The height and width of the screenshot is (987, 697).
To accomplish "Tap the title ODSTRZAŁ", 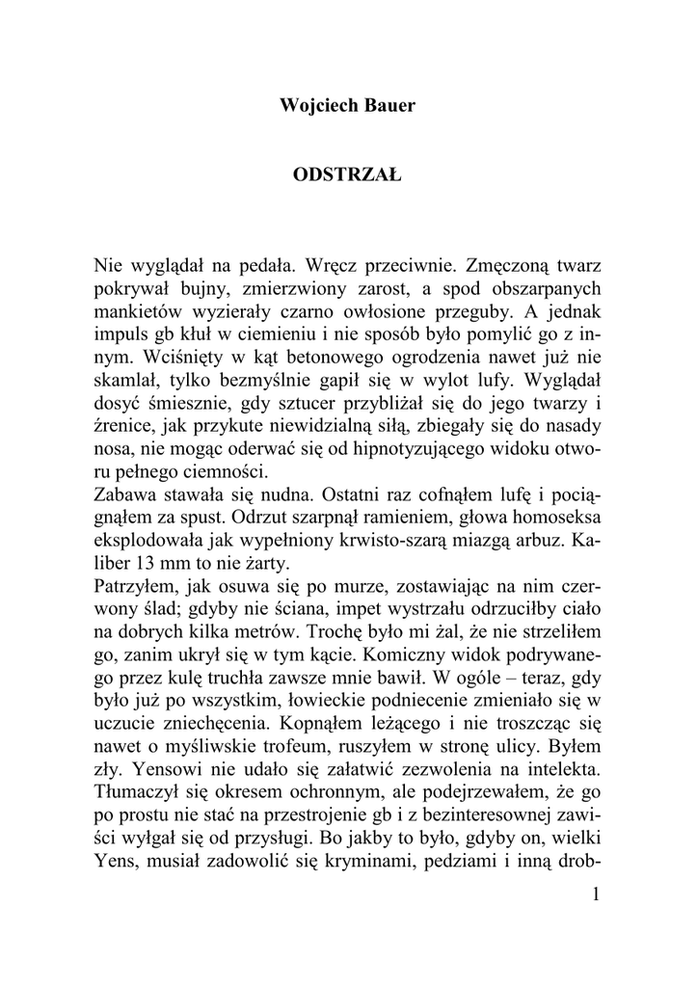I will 347,176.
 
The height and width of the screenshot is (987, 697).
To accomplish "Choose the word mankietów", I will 141,311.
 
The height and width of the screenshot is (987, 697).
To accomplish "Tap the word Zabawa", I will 126,496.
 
